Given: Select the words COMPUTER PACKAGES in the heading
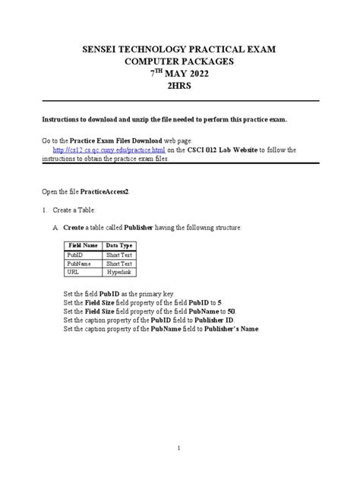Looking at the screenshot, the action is pos(180,62).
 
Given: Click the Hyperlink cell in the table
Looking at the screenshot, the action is pos(118,271).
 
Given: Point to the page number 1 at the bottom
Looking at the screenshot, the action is pos(179,448).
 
